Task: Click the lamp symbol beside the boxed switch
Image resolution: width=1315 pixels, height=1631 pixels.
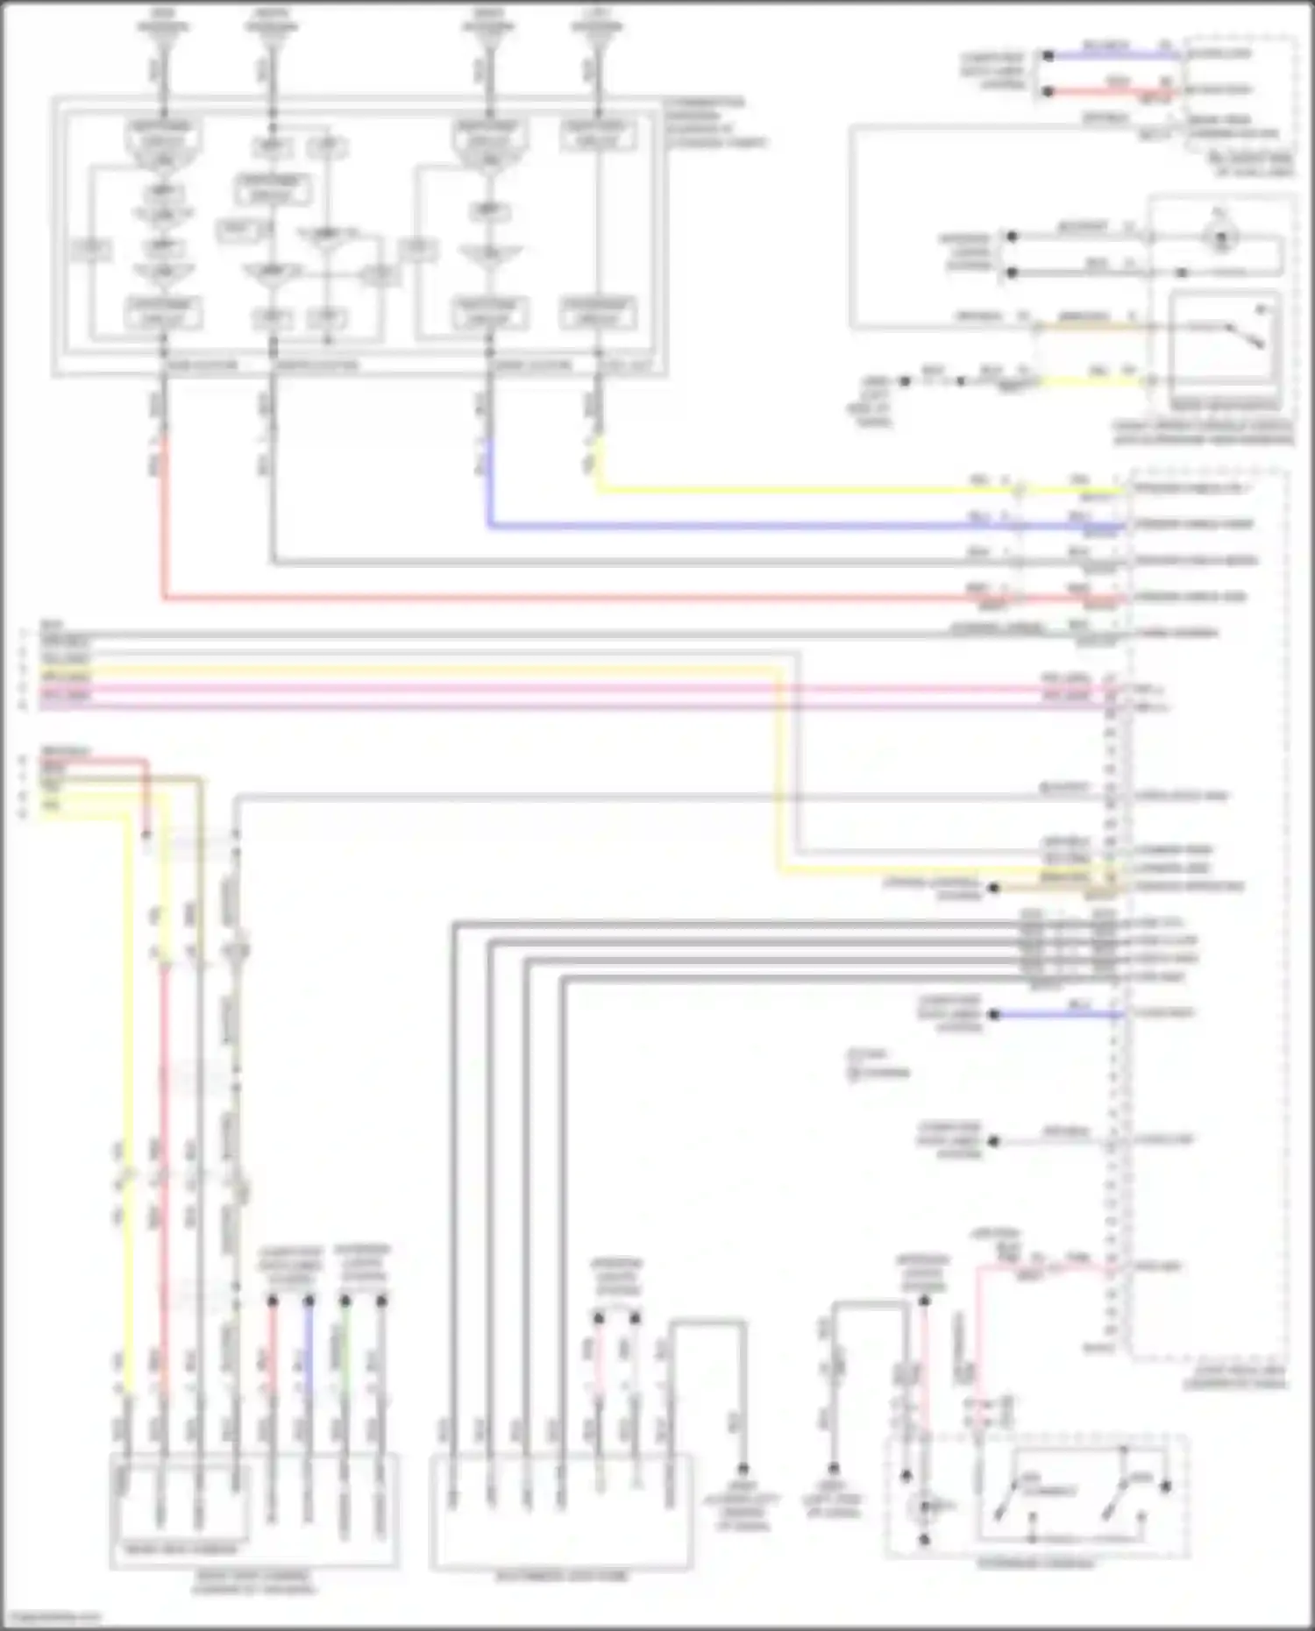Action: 1221,237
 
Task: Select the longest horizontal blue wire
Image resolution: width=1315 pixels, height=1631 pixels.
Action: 789,527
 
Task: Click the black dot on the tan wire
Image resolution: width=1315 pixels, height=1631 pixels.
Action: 993,888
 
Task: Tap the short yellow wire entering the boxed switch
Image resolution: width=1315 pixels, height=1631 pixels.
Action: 1096,381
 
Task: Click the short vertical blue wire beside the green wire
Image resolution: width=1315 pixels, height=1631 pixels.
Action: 309,1350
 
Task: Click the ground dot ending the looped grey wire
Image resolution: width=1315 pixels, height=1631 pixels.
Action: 743,1469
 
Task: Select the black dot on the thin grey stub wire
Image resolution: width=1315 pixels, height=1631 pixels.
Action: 993,1141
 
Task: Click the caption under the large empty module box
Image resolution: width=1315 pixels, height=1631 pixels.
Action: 562,1576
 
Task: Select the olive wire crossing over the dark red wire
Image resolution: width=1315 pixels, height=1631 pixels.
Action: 175,777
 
